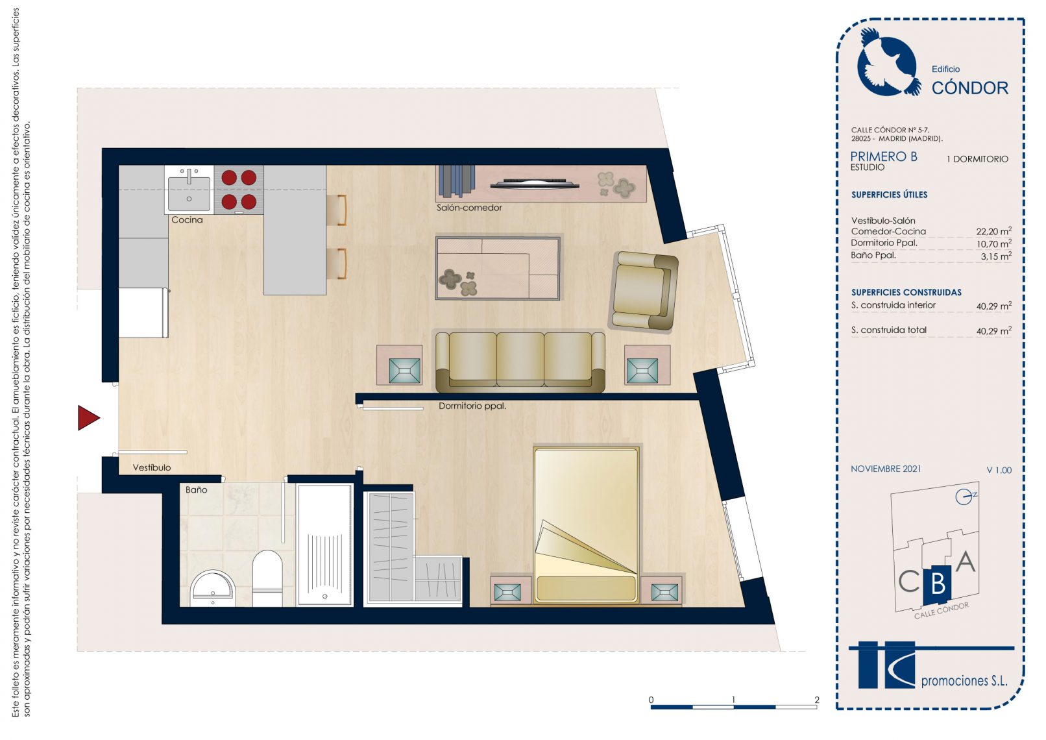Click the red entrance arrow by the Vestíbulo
pyautogui.click(x=88, y=417)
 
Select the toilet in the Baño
pyautogui.click(x=267, y=578)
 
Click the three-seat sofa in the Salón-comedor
pyautogui.click(x=520, y=361)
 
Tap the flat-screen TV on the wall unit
pyautogui.click(x=534, y=184)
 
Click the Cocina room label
pyautogui.click(x=187, y=219)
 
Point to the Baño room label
pyautogui.click(x=196, y=489)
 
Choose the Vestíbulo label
pyautogui.click(x=151, y=467)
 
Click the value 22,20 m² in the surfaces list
pyautogui.click(x=993, y=231)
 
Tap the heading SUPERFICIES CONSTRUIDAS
pyautogui.click(x=906, y=292)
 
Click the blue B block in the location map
pyautogui.click(x=937, y=584)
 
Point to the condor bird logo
pyautogui.click(x=887, y=63)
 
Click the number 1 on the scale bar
pyautogui.click(x=734, y=699)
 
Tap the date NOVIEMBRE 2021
pyautogui.click(x=886, y=469)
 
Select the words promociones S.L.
pyautogui.click(x=964, y=681)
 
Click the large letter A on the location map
pyautogui.click(x=966, y=561)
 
